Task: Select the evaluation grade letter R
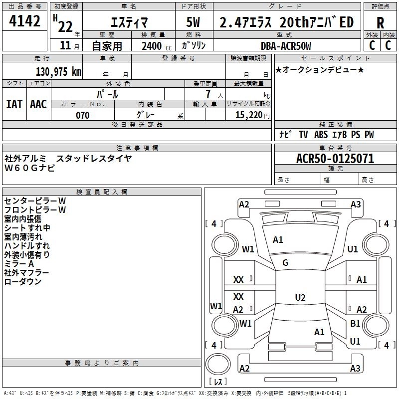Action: (380, 22)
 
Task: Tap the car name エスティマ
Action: (128, 22)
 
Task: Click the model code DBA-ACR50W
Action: (286, 46)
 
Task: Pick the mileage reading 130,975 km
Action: (58, 71)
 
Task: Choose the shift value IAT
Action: (14, 104)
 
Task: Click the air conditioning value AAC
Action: (38, 104)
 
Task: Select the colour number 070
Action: (82, 115)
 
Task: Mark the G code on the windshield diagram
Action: (285, 263)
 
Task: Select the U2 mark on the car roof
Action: (300, 298)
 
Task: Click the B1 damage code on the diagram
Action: (355, 323)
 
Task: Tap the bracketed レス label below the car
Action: (218, 382)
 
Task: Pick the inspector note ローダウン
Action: (23, 282)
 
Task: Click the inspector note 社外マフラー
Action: (27, 273)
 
